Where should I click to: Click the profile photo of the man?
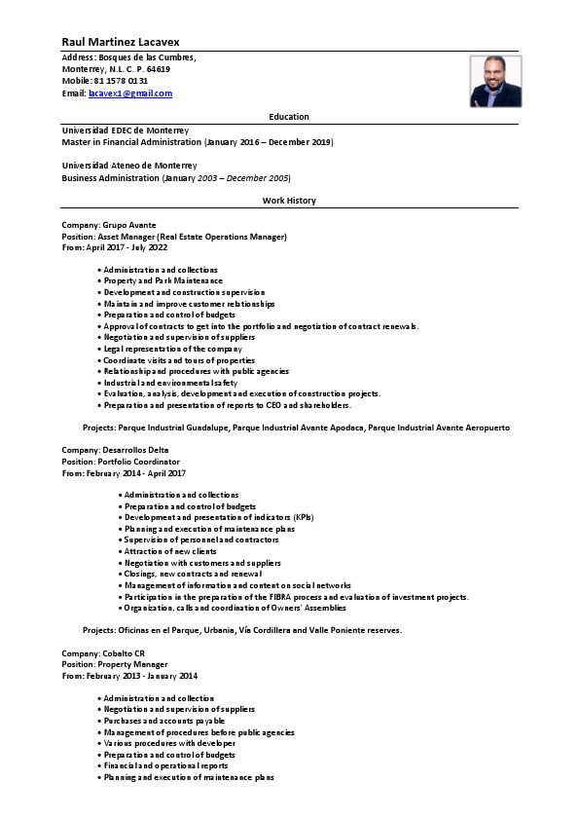tap(495, 81)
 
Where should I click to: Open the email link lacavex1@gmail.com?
tap(130, 93)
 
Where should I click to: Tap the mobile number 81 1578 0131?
tap(120, 81)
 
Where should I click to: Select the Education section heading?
tap(289, 117)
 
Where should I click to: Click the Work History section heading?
tap(289, 201)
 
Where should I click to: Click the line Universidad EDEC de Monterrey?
tap(126, 130)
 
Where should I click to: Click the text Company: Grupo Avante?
tap(108, 225)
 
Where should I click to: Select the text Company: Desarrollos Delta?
tap(115, 450)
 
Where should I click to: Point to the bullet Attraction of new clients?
tap(170, 551)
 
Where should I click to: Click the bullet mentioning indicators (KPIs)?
tap(219, 518)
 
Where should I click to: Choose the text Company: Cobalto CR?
tap(103, 653)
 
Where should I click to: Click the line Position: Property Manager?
tap(115, 664)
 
